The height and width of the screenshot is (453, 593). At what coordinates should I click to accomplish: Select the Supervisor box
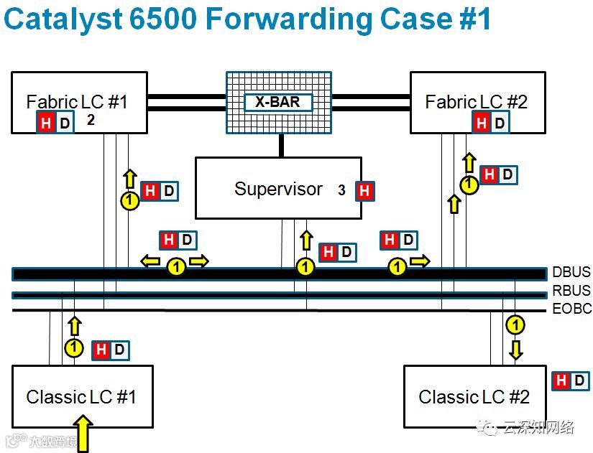278,189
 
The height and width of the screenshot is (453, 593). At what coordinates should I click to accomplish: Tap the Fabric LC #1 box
79,102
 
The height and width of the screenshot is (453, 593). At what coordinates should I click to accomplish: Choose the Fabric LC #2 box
477,102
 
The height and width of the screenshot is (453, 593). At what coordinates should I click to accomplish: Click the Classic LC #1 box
82,397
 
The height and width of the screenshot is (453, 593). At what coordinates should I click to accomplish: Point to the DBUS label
571,272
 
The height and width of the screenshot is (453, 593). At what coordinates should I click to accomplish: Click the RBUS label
571,291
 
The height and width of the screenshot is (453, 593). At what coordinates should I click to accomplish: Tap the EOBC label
571,309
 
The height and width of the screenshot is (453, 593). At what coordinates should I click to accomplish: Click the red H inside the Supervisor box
364,191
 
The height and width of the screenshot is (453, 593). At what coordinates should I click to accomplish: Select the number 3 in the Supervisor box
342,190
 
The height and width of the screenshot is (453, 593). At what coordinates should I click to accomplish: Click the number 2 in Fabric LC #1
91,120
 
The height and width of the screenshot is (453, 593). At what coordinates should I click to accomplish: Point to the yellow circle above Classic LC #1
74,349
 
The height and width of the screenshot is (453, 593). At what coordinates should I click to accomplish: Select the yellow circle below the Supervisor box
306,268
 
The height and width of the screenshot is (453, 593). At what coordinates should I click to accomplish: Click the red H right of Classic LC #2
561,380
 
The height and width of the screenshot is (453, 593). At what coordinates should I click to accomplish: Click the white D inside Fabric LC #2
500,123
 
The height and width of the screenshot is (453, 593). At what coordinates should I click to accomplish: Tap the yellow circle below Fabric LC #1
129,201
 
